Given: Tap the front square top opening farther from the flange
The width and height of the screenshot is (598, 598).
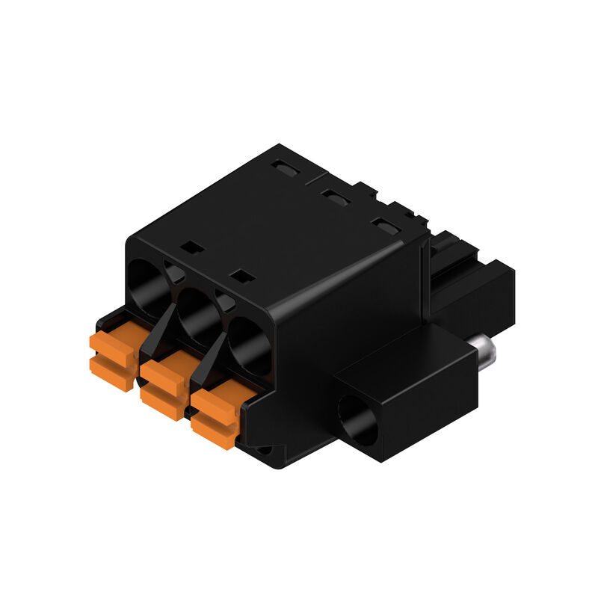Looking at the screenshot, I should point(194,247).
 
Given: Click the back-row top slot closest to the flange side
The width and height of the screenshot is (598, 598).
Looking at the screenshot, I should point(386,225).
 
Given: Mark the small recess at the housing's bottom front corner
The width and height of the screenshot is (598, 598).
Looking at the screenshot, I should point(266,451).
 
